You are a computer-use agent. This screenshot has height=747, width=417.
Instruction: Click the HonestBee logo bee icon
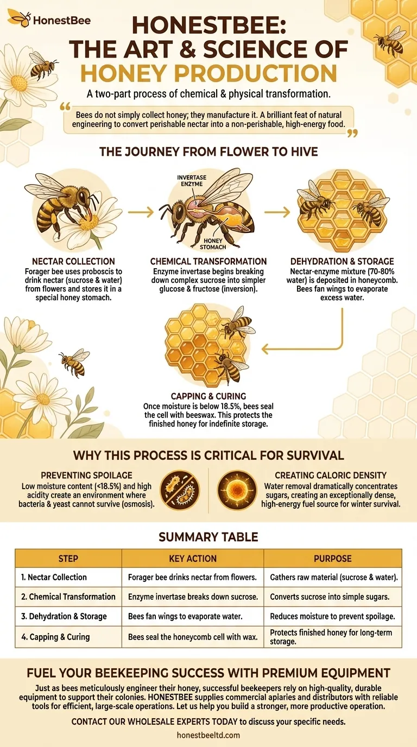click(x=19, y=19)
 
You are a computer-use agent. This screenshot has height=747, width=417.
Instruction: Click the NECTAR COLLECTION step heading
click(x=73, y=261)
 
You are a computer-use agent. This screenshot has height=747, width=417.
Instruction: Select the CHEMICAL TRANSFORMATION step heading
click(x=208, y=261)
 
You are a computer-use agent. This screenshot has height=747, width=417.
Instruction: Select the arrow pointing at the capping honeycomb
click(x=302, y=347)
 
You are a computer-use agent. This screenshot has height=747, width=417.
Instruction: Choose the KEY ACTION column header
click(x=193, y=558)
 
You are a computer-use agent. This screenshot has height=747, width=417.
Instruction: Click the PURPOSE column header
click(x=332, y=558)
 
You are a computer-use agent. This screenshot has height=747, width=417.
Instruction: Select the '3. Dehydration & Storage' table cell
click(x=64, y=616)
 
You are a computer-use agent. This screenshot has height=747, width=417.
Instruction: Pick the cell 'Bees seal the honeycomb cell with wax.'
click(x=193, y=637)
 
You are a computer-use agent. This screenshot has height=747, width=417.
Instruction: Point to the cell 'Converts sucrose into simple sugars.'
click(x=332, y=597)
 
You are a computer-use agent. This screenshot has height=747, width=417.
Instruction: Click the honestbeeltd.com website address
click(x=208, y=735)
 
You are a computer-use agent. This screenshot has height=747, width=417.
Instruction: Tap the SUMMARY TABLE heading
click(x=208, y=537)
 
